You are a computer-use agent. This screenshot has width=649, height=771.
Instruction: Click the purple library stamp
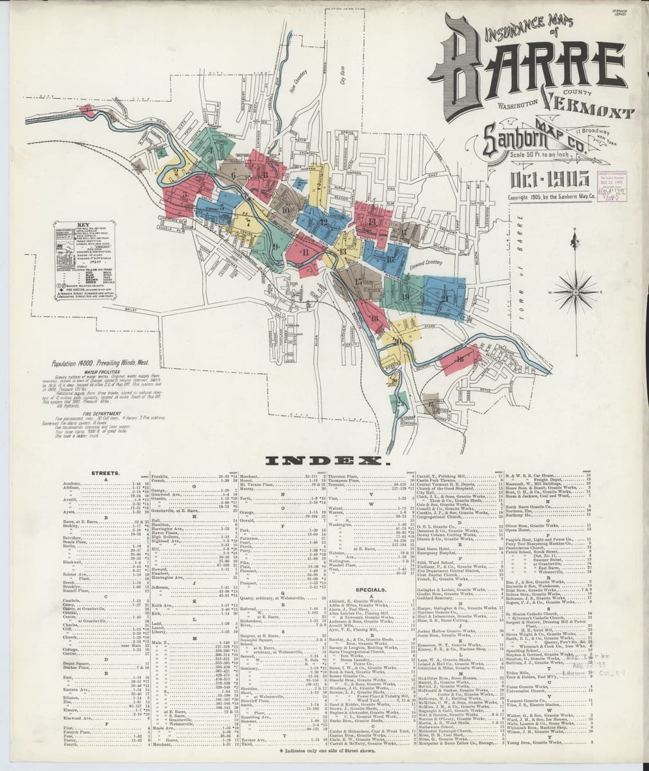(612, 186)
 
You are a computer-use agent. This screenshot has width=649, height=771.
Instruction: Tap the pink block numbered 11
(306, 252)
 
